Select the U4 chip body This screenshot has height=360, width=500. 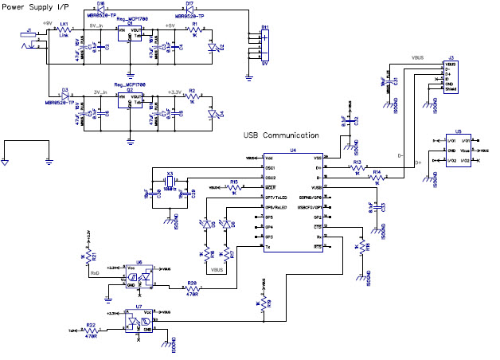pyautogui.click(x=293, y=200)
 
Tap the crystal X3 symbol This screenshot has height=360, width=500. pyautogui.click(x=170, y=184)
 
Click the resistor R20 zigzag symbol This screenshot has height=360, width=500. pyautogui.click(x=192, y=289)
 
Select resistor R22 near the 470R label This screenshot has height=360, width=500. pyautogui.click(x=90, y=329)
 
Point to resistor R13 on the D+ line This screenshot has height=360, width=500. pyautogui.click(x=357, y=169)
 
